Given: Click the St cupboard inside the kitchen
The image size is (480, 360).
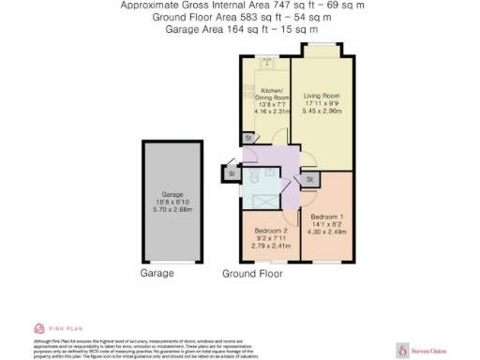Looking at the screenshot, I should click(x=248, y=138).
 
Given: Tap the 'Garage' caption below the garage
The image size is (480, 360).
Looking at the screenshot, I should click(x=157, y=274).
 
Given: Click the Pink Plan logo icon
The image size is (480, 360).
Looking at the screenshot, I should click(x=39, y=328).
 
